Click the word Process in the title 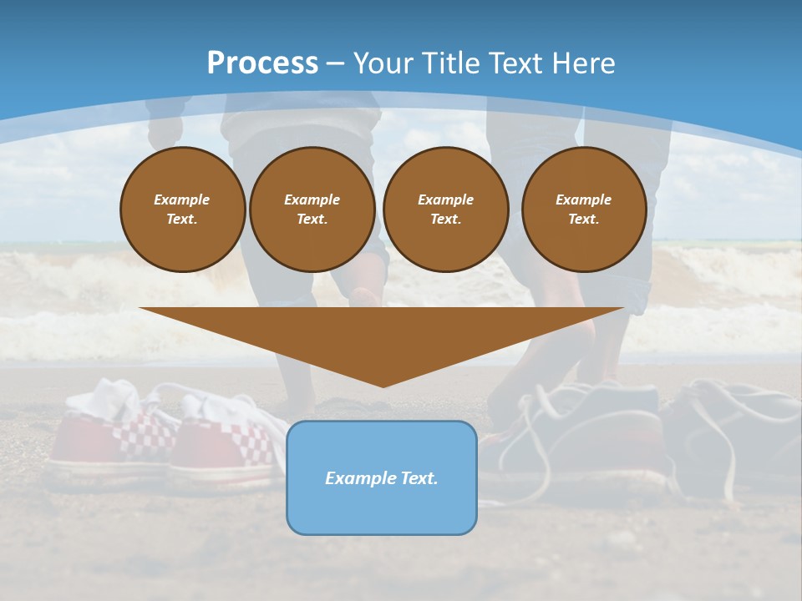point(262,63)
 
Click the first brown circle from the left point(183,210)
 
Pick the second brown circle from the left point(312,210)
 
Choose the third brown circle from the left point(446,210)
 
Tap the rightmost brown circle point(584,210)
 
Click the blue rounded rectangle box point(382,509)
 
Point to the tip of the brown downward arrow point(383,386)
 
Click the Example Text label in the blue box point(382,478)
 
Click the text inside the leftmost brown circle point(182,210)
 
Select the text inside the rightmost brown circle point(584,210)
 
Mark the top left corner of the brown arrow point(140,308)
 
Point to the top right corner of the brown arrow point(624,308)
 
